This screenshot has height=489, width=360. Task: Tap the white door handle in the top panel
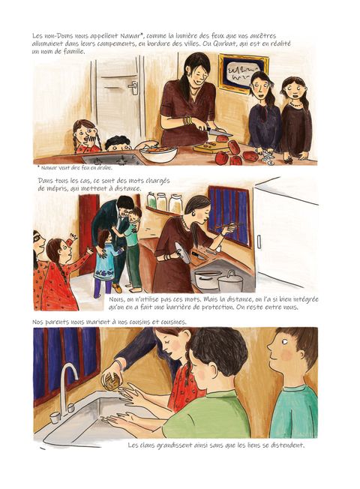tap(134, 87)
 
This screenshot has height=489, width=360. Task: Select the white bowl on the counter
tap(158, 154)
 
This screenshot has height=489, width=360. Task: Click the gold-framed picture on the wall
tap(243, 74)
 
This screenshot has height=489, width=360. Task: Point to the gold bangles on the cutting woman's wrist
tap(187, 121)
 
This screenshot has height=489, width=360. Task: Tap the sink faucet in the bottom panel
tap(67, 391)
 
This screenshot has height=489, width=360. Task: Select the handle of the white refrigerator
tap(259, 242)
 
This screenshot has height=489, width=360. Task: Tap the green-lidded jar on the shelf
tap(151, 200)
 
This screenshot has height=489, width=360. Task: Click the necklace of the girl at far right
tap(296, 104)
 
